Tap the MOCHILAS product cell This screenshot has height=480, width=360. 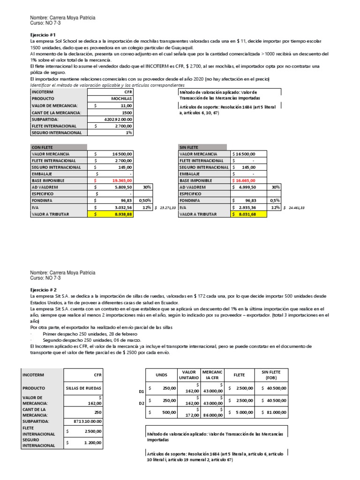pyautogui.click(x=121, y=99)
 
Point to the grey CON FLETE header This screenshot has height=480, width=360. pyautogui.click(x=42, y=147)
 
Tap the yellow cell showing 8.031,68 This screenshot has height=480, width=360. pyautogui.click(x=249, y=214)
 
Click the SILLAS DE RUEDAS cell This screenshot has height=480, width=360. pyautogui.click(x=84, y=389)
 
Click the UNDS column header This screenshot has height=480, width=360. pyautogui.click(x=161, y=375)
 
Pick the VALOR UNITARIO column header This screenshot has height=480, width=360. pyautogui.click(x=188, y=375)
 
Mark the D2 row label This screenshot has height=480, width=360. pyautogui.click(x=142, y=403)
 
